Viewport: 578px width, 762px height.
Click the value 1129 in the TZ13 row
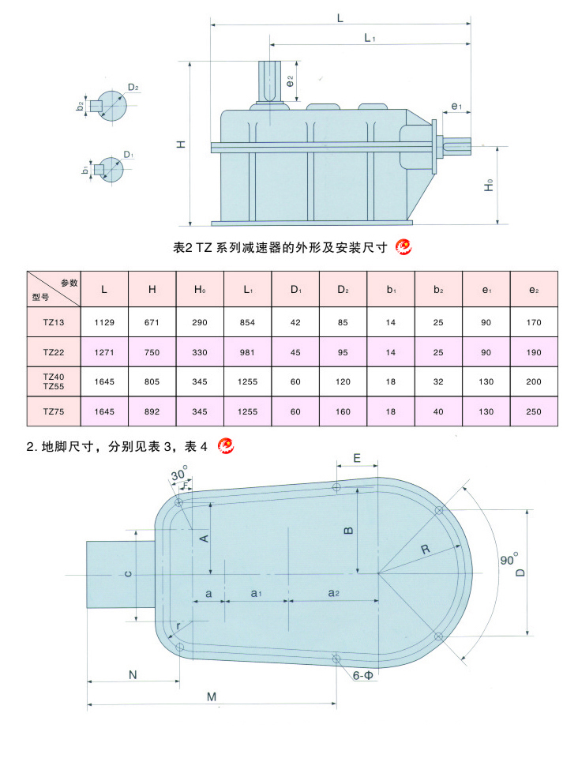pyautogui.click(x=105, y=322)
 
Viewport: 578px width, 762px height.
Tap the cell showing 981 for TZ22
pyautogui.click(x=247, y=352)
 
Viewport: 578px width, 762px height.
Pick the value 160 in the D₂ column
pyautogui.click(x=343, y=411)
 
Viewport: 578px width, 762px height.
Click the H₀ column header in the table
pyautogui.click(x=200, y=290)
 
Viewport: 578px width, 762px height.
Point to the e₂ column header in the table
pyautogui.click(x=534, y=290)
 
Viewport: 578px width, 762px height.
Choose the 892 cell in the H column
pyautogui.click(x=152, y=411)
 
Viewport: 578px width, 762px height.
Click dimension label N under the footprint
pyautogui.click(x=133, y=674)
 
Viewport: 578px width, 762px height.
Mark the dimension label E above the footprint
pyautogui.click(x=357, y=458)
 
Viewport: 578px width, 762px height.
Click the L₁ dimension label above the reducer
pyautogui.click(x=369, y=37)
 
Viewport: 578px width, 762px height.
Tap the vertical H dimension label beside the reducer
pyautogui.click(x=181, y=145)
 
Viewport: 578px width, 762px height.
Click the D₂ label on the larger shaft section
pyautogui.click(x=133, y=87)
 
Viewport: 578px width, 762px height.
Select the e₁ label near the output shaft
pyautogui.click(x=456, y=106)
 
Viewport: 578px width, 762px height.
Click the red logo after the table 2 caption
pyautogui.click(x=403, y=247)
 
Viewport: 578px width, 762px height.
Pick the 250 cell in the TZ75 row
pyautogui.click(x=534, y=411)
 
